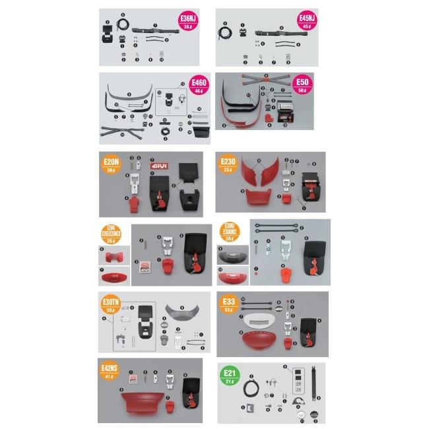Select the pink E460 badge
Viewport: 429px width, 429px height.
pyautogui.click(x=199, y=84)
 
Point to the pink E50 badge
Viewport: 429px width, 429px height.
pyautogui.click(x=303, y=85)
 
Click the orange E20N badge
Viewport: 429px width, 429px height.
pyautogui.click(x=111, y=164)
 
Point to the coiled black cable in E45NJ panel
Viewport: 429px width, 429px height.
pyautogui.click(x=226, y=32)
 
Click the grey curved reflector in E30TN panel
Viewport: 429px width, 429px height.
pyautogui.click(x=178, y=311)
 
